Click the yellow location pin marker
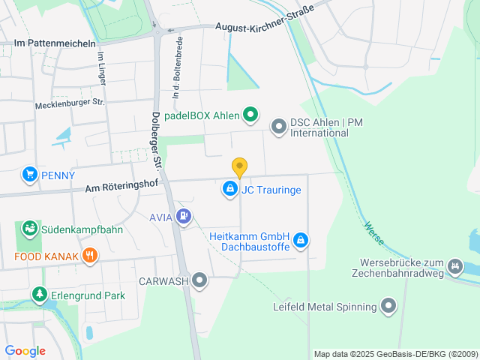click(x=239, y=167)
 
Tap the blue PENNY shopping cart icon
click(x=30, y=175)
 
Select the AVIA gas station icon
click(x=184, y=217)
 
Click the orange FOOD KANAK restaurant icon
click(x=90, y=256)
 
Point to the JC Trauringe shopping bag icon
click(x=230, y=190)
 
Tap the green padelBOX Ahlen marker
click(x=251, y=115)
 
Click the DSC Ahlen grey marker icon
click(x=279, y=127)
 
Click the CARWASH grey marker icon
click(x=199, y=280)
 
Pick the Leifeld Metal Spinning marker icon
click(x=388, y=306)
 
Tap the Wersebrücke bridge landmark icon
click(x=454, y=266)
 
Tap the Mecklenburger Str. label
click(x=70, y=103)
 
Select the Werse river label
click(x=373, y=233)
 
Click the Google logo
click(x=25, y=351)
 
